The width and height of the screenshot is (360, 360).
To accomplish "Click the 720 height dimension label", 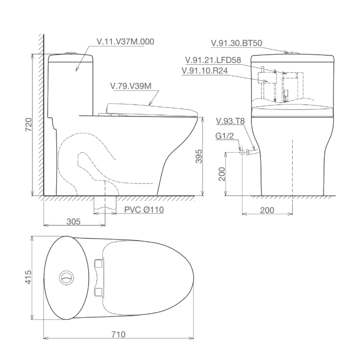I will [x=29, y=124].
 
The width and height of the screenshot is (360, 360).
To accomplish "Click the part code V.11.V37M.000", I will [x=125, y=42].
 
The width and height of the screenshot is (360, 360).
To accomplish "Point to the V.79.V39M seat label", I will [x=131, y=86].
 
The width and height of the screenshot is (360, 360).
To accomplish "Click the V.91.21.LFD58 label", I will [x=213, y=60].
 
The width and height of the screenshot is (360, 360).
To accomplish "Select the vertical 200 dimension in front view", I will [x=222, y=174].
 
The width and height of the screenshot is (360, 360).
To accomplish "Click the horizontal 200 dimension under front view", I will [x=267, y=210].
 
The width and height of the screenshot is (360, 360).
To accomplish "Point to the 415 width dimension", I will [x=29, y=278].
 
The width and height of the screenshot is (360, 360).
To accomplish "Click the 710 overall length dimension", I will [x=118, y=334].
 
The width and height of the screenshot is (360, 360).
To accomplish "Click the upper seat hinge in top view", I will [x=98, y=264].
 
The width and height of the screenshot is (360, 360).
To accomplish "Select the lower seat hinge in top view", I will [x=98, y=292].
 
